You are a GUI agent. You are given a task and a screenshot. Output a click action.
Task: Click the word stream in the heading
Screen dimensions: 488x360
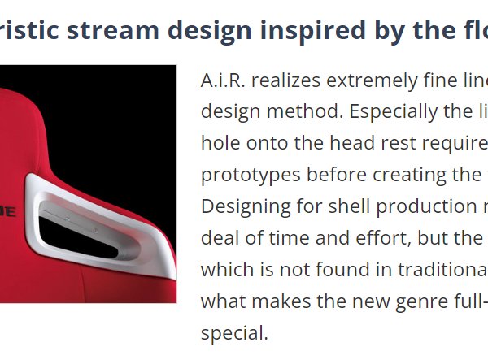point(113,30)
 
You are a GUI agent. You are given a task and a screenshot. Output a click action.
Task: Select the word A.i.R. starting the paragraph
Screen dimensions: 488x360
point(223,80)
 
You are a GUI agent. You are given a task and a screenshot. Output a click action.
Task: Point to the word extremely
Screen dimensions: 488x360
point(372,81)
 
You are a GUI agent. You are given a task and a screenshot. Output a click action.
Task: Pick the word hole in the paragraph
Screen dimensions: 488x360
point(220,143)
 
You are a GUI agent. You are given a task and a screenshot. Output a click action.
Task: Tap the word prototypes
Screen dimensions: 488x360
point(251,176)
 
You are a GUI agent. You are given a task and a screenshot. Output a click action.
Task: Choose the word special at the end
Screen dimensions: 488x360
point(234,333)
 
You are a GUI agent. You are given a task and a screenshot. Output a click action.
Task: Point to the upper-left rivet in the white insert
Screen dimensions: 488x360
point(67,219)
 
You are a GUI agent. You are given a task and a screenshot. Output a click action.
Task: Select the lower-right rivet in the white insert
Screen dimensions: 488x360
point(95,231)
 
